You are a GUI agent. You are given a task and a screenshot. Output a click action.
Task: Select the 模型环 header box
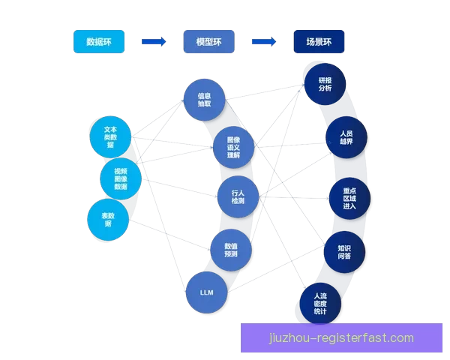tap(208, 42)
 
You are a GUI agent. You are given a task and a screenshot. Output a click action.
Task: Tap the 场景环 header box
tap(319, 42)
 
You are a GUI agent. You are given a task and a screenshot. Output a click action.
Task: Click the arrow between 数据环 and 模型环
tap(154, 42)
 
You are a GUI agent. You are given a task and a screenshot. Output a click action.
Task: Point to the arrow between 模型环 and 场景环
tap(263, 42)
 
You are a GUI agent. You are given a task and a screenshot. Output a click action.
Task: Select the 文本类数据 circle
tap(110, 135)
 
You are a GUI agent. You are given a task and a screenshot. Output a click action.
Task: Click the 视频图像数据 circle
tap(121, 179)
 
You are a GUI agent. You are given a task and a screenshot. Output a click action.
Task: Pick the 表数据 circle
tap(108, 219)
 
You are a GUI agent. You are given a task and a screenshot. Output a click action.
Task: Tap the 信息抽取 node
tap(204, 100)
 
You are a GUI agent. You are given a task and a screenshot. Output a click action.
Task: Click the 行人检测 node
tap(238, 196)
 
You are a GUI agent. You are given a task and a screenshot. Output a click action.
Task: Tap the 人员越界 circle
tap(346, 137)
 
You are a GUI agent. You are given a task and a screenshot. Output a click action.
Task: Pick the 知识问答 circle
tap(344, 252)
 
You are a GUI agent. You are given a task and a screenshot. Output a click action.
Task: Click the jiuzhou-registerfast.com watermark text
tap(341, 338)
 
